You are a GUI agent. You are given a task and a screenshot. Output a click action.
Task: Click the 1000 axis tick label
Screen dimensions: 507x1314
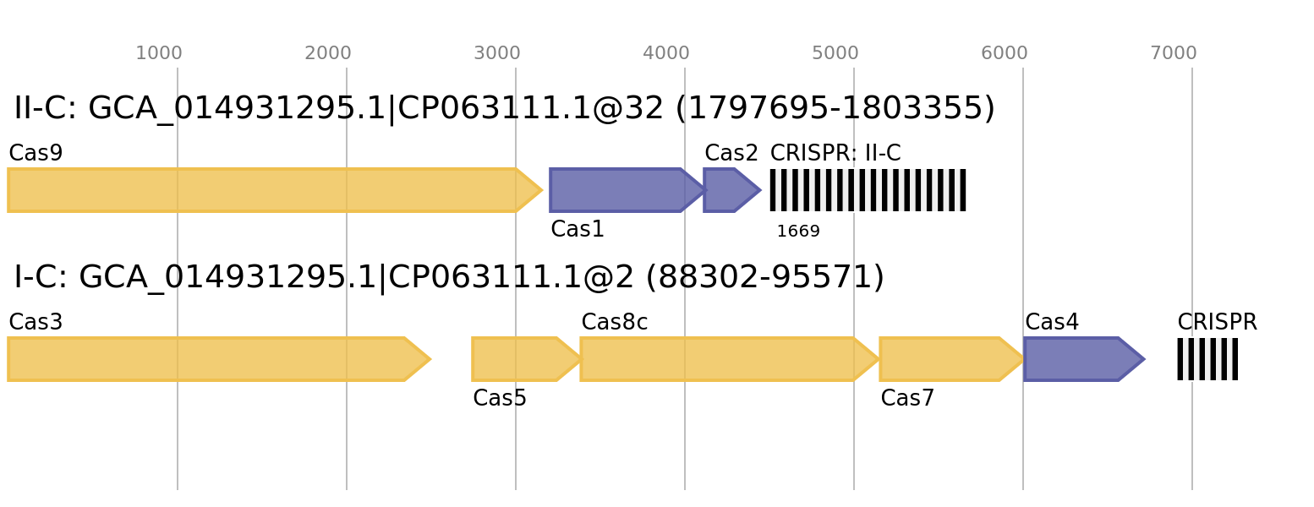click(x=159, y=54)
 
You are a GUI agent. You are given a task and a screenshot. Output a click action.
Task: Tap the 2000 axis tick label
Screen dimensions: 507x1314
click(x=328, y=54)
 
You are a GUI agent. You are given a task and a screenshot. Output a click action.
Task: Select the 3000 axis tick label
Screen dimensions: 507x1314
click(x=497, y=54)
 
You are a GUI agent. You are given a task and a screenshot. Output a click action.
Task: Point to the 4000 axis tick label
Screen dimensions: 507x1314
click(x=666, y=54)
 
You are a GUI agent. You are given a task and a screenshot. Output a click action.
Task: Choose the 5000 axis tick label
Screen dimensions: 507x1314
click(x=835, y=54)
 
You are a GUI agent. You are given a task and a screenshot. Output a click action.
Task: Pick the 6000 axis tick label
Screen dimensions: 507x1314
click(x=1005, y=54)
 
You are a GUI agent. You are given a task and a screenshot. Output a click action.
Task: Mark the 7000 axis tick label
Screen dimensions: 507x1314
click(x=1174, y=54)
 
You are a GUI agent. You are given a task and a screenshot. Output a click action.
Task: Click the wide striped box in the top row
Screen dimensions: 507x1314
click(x=868, y=190)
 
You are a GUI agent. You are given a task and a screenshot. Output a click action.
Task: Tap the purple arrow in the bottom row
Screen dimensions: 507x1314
click(x=1078, y=359)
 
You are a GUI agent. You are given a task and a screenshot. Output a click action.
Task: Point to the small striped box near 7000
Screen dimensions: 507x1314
click(x=1207, y=359)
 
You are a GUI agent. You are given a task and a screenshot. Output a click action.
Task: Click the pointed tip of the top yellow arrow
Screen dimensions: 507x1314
click(x=540, y=190)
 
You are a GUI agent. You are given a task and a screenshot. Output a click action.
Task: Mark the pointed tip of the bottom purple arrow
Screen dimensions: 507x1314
click(x=1142, y=359)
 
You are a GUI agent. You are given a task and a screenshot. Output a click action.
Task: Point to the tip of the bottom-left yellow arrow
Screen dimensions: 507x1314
click(x=429, y=359)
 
